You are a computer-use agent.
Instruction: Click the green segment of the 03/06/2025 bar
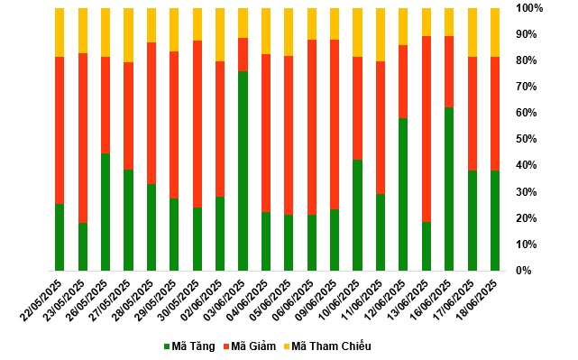pos(243,171)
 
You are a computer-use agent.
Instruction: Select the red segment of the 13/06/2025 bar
pos(427,129)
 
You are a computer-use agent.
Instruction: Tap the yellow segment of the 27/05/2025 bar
pos(128,35)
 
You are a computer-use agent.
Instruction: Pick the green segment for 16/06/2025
pos(449,189)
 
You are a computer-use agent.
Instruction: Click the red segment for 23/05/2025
pos(83,138)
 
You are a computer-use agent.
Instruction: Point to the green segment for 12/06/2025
pos(403,194)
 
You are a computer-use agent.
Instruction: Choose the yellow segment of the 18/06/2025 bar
pos(495,32)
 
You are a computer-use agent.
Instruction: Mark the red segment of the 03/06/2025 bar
pos(243,55)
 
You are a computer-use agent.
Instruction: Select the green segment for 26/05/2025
pos(106,212)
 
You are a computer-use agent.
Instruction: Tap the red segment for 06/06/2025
pos(312,127)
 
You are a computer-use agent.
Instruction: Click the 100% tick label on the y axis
pos(529,8)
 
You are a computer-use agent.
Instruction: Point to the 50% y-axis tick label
pos(527,139)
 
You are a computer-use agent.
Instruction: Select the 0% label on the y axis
pos(523,271)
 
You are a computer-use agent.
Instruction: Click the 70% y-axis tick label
pos(527,87)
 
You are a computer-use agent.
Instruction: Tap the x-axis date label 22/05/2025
pos(41,300)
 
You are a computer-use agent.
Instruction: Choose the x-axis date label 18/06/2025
pos(477,300)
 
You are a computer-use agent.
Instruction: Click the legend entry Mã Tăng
pos(189,346)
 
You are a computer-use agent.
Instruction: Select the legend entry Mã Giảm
pos(249,346)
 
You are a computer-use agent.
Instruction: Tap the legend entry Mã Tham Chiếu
pos(327,346)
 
